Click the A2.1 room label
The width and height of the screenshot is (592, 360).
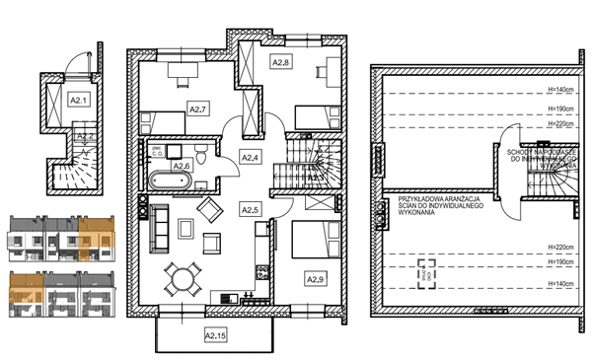[78, 99]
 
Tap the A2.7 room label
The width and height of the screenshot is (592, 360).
[196, 108]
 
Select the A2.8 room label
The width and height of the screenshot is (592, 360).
[280, 62]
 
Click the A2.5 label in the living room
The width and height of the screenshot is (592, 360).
[251, 209]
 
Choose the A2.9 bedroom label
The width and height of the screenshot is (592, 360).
[315, 280]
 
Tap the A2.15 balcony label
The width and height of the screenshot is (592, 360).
[215, 335]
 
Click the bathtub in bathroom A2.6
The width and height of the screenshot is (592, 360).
[169, 181]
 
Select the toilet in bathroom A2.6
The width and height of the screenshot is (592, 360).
[200, 154]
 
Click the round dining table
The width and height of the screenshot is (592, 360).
[181, 277]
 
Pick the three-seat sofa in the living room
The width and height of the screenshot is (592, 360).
[156, 228]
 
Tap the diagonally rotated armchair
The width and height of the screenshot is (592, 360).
[209, 209]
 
